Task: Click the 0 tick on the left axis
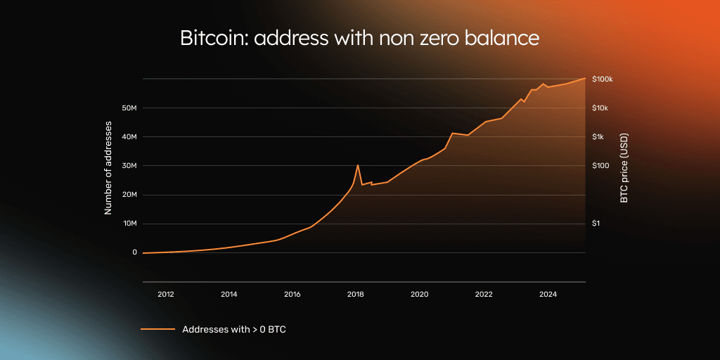[x=134, y=252]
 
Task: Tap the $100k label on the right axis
[x=603, y=79]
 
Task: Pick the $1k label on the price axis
[x=599, y=137]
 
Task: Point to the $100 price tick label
[x=601, y=166]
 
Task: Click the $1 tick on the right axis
[x=597, y=224]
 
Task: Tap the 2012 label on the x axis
[x=165, y=294]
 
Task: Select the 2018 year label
[x=356, y=294]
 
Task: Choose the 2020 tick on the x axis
[x=419, y=294]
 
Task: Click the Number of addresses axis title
[x=108, y=167]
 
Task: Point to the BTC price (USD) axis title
[x=624, y=168]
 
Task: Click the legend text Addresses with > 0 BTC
[x=233, y=329]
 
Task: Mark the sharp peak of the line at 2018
[x=358, y=165]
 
